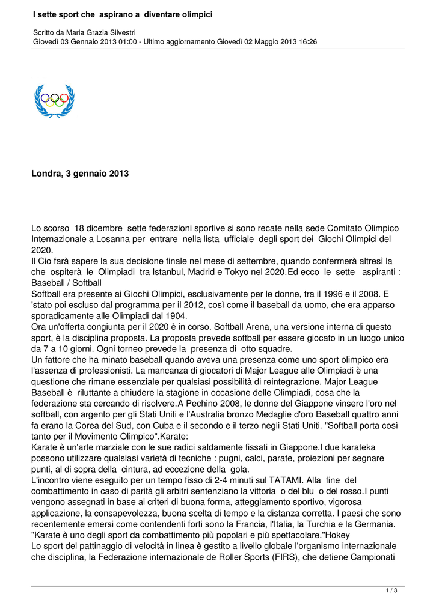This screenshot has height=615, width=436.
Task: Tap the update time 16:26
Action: point(307,42)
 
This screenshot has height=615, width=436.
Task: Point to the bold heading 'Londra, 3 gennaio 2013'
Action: point(80,174)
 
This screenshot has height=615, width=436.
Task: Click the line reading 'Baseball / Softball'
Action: point(66,282)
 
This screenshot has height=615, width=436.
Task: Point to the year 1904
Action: point(174,315)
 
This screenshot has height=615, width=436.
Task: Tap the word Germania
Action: point(375,524)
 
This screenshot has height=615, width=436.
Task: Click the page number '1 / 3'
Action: point(391,590)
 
